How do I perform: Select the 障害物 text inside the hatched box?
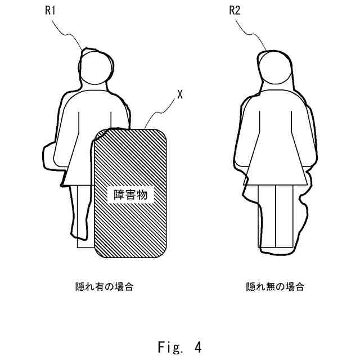point(130,195)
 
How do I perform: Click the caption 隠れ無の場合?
point(275,286)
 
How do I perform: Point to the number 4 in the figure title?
point(197,347)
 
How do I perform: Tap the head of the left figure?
point(96,69)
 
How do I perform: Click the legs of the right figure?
point(276,217)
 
